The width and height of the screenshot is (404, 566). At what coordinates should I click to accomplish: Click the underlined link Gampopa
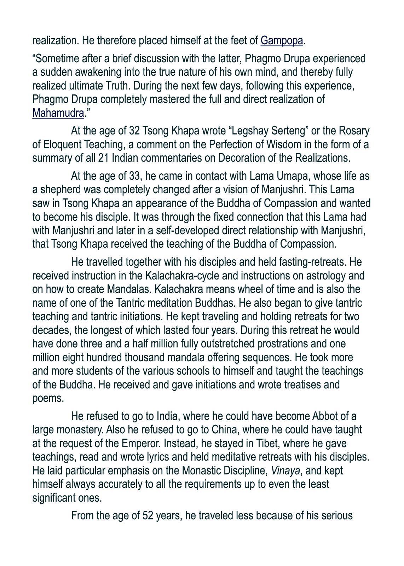tap(282, 41)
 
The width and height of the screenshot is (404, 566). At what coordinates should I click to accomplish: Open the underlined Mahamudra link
tap(58, 113)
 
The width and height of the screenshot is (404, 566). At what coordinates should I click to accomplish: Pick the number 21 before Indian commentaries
tap(103, 158)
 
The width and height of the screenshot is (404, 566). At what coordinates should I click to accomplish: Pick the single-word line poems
tap(48, 399)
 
